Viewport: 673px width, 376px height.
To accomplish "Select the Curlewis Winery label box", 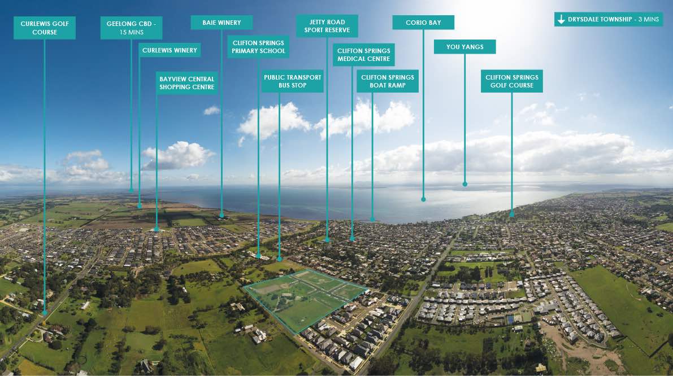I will pyautogui.click(x=170, y=50).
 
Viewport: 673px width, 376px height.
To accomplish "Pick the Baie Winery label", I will pyautogui.click(x=222, y=23).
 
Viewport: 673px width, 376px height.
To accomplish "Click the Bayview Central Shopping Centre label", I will pyautogui.click(x=187, y=83).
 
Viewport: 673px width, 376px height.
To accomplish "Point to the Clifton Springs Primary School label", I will pyautogui.click(x=258, y=47).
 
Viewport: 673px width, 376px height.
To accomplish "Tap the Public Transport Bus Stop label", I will pyautogui.click(x=292, y=81).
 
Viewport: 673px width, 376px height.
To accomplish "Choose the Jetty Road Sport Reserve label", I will pyautogui.click(x=327, y=26).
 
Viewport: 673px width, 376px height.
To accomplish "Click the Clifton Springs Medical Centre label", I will pyautogui.click(x=363, y=55).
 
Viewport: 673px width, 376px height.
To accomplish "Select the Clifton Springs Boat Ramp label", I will pyautogui.click(x=388, y=81).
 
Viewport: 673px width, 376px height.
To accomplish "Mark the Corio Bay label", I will pyautogui.click(x=423, y=23).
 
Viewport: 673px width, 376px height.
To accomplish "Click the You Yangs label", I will pyautogui.click(x=464, y=47).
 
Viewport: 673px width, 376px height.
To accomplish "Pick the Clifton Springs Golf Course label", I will pyautogui.click(x=512, y=81).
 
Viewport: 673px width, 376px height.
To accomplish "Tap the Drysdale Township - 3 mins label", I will pyautogui.click(x=607, y=19).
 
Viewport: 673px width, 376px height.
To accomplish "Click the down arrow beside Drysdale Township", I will pyautogui.click(x=561, y=19).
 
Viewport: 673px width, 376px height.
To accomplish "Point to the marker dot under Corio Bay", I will pyautogui.click(x=423, y=199).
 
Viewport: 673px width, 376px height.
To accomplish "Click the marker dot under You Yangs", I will pyautogui.click(x=464, y=183).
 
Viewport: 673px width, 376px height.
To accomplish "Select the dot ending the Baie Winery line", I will pyautogui.click(x=222, y=215).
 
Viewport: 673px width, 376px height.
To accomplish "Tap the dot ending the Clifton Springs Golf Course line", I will pyautogui.click(x=512, y=214).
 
